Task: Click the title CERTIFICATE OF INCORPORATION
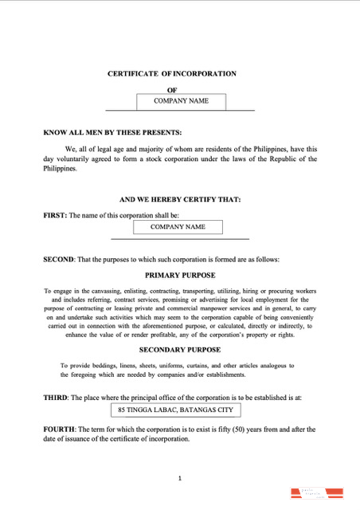pos(179,73)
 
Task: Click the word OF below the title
pos(171,90)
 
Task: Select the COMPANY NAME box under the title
pos(181,101)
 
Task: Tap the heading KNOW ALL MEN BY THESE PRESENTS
pos(112,132)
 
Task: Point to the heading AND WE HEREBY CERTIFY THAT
pos(180,199)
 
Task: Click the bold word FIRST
pos(54,215)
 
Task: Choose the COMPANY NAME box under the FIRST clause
pos(178,227)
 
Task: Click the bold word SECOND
pos(59,260)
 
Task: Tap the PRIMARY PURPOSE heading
pos(180,275)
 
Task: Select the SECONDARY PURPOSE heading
pos(180,350)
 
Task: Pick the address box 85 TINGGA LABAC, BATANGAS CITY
pos(175,410)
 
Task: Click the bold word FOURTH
pos(59,429)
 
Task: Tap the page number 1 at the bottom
pos(180,478)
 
